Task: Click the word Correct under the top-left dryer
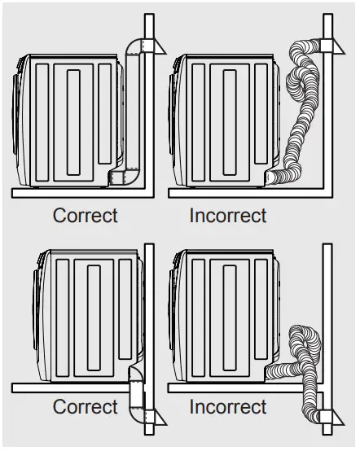pos(86,216)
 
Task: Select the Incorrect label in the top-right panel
pos(228,216)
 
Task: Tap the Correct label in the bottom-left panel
pos(86,406)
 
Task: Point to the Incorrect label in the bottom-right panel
pos(228,406)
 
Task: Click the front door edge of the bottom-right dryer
pos(174,313)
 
